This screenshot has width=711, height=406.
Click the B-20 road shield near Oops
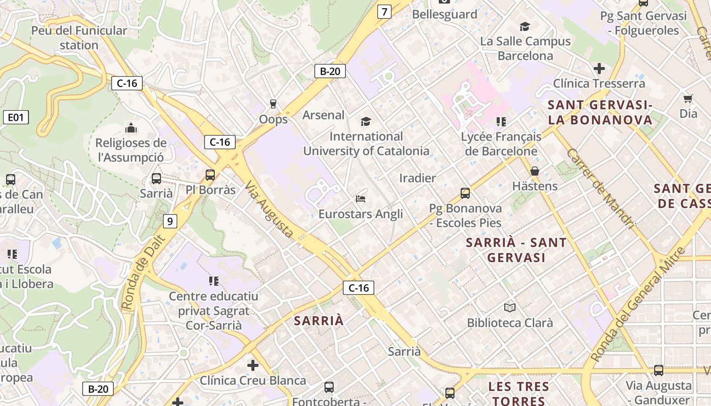pyautogui.click(x=330, y=71)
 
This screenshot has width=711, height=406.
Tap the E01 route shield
pyautogui.click(x=16, y=118)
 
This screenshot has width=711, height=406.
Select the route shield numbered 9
pyautogui.click(x=170, y=221)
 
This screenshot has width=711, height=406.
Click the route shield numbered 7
pyautogui.click(x=384, y=12)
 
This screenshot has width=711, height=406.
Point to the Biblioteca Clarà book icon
pyautogui.click(x=510, y=308)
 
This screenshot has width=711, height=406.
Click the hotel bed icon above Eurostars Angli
pyautogui.click(x=361, y=198)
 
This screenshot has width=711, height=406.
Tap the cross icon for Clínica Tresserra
pyautogui.click(x=599, y=68)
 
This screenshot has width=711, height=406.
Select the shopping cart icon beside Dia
pyautogui.click(x=688, y=98)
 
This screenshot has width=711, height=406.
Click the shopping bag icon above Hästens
pyautogui.click(x=534, y=171)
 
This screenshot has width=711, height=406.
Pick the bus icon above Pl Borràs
pyautogui.click(x=210, y=175)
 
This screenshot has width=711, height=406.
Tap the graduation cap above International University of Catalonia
pyautogui.click(x=366, y=121)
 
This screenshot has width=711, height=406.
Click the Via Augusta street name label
pyautogui.click(x=269, y=211)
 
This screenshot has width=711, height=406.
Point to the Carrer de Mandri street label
pyautogui.click(x=601, y=189)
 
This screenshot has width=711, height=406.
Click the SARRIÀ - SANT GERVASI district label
pyautogui.click(x=516, y=250)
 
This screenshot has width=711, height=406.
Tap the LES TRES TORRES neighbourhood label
pyautogui.click(x=519, y=393)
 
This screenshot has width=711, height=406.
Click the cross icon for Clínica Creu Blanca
pyautogui.click(x=252, y=365)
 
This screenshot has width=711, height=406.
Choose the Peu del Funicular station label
pyautogui.click(x=79, y=38)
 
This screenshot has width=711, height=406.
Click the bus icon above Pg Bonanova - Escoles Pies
pyautogui.click(x=465, y=193)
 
